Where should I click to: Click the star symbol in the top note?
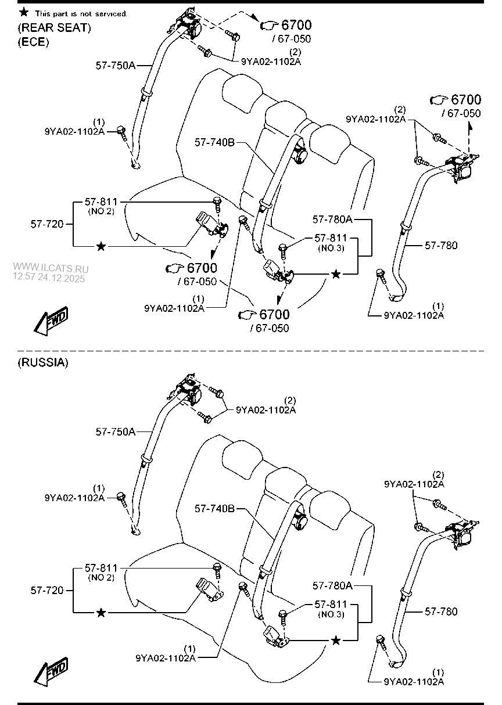[24, 12]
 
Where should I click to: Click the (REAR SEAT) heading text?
[54, 27]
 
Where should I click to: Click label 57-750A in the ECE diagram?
[115, 66]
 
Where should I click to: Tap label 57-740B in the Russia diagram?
[214, 509]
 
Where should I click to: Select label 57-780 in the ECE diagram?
[440, 246]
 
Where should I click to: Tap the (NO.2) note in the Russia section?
[101, 578]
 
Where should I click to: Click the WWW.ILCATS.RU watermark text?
[49, 269]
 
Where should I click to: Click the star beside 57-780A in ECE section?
[335, 274]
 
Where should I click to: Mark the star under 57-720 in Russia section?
[101, 613]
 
